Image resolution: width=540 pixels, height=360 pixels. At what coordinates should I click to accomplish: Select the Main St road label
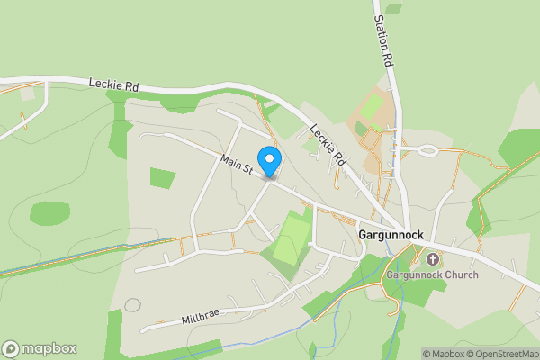236,164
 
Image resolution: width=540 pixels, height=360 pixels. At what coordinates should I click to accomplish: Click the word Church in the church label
461,274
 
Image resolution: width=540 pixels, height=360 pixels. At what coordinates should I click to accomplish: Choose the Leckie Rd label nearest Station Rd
328,143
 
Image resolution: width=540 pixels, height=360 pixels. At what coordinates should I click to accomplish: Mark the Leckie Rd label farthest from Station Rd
113,84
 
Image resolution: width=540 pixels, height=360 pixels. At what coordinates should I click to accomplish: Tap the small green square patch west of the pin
162,178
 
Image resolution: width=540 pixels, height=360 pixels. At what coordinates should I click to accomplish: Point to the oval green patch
49,213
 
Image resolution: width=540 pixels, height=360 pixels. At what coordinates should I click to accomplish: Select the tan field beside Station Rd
376,135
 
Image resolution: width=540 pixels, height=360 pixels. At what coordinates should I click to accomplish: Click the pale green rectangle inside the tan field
370,108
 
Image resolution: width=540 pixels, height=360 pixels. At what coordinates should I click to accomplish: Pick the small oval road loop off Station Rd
426,150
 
